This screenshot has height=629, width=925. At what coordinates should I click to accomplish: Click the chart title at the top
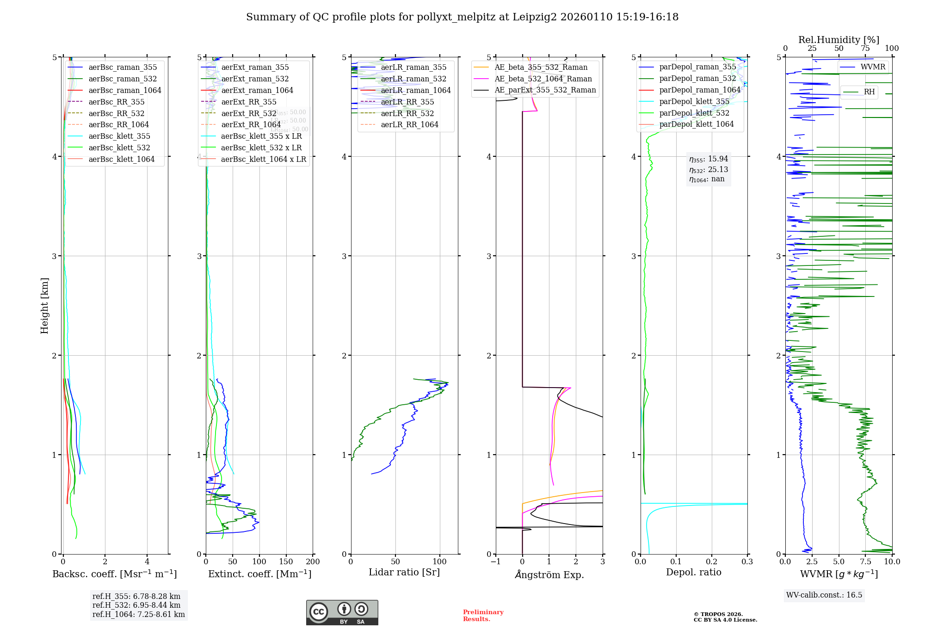pyautogui.click(x=462, y=17)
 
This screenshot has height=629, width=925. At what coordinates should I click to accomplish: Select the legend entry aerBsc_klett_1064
pyautogui.click(x=121, y=159)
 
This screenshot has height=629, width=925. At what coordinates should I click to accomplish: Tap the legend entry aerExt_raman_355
pyautogui.click(x=255, y=68)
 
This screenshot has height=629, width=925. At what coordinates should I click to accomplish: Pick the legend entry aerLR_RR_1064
pyautogui.click(x=409, y=125)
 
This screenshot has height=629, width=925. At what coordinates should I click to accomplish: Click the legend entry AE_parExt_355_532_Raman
pyautogui.click(x=545, y=90)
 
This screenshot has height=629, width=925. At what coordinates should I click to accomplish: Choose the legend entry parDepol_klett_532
pyautogui.click(x=694, y=113)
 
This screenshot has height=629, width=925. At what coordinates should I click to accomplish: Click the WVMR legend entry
pyautogui.click(x=873, y=67)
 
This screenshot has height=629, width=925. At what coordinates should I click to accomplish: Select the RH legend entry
pyautogui.click(x=869, y=92)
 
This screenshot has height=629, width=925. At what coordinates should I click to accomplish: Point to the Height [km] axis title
pyautogui.click(x=44, y=305)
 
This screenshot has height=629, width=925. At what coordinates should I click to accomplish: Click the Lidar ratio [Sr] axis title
pyautogui.click(x=404, y=572)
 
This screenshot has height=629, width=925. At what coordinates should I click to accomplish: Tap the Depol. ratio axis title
pyautogui.click(x=693, y=572)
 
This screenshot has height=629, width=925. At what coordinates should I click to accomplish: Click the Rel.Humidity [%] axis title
pyautogui.click(x=839, y=40)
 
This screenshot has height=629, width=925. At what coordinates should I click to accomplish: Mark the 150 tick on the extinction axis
pyautogui.click(x=286, y=561)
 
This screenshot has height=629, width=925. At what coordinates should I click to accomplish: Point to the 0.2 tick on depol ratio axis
pyautogui.click(x=711, y=561)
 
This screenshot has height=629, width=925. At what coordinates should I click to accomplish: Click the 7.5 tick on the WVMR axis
pyautogui.click(x=866, y=561)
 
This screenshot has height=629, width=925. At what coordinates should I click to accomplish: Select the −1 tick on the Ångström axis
pyautogui.click(x=495, y=561)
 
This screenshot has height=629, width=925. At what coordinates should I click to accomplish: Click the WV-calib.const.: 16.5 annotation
pyautogui.click(x=824, y=595)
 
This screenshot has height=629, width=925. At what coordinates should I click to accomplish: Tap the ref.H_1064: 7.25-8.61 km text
pyautogui.click(x=138, y=614)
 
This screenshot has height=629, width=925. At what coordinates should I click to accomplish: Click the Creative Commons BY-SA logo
pyautogui.click(x=342, y=612)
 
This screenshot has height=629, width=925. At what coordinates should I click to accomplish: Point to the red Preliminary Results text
pyautogui.click(x=483, y=615)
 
